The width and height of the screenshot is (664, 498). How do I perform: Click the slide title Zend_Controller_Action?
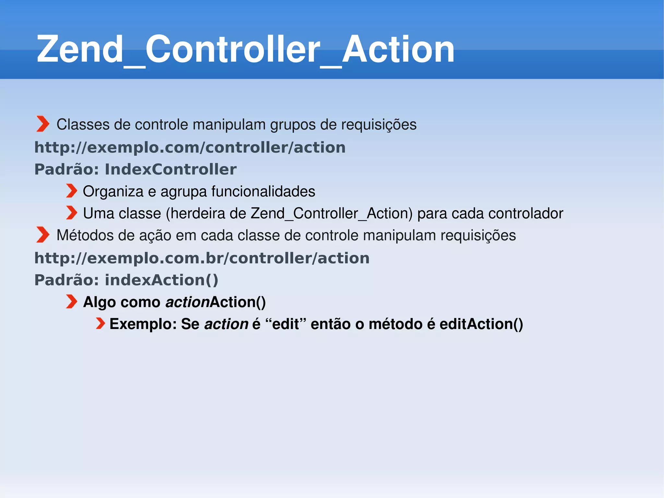click(x=245, y=49)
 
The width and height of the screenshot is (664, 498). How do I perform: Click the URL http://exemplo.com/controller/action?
click(x=190, y=148)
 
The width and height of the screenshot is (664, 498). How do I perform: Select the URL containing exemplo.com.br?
click(x=202, y=258)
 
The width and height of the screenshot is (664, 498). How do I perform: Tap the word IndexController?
click(x=171, y=169)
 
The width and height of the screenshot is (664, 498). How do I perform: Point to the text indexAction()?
click(x=161, y=280)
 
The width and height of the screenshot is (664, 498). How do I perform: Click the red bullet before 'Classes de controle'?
click(x=42, y=124)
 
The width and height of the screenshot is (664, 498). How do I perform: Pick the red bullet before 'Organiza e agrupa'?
click(x=72, y=191)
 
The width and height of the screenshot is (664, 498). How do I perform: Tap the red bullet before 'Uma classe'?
click(x=72, y=213)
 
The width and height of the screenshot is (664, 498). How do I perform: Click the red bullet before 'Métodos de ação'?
click(x=42, y=235)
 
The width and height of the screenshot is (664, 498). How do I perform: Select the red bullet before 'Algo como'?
click(x=72, y=301)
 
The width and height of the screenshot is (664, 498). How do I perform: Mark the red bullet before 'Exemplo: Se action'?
click(x=100, y=323)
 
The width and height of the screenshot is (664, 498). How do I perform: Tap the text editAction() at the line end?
click(x=481, y=324)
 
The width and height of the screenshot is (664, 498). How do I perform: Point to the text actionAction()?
click(x=216, y=302)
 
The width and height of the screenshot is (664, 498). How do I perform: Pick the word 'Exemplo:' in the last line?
click(x=143, y=324)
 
